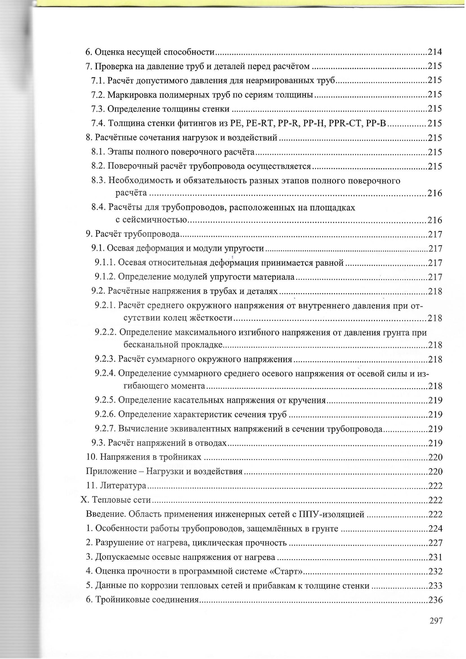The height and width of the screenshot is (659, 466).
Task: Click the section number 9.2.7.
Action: click(x=105, y=429)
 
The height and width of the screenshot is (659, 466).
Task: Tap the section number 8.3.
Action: click(x=99, y=181)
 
